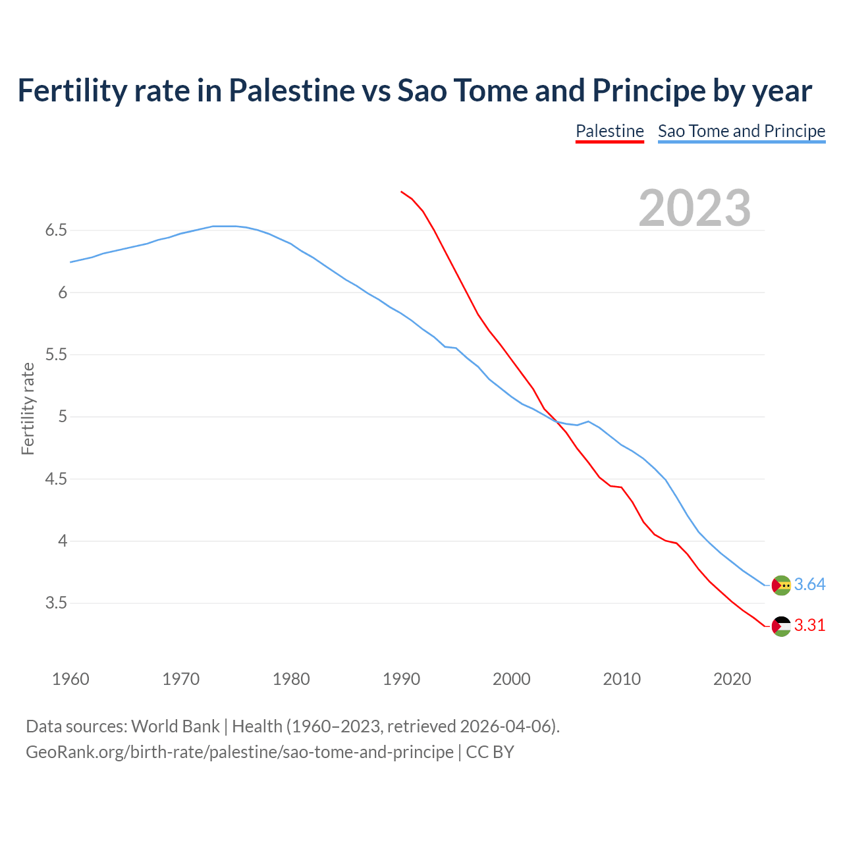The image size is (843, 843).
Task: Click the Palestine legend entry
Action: [x=609, y=131]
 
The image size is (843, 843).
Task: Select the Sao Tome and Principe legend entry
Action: [x=742, y=131]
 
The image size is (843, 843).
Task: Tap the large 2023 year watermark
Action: [x=695, y=208]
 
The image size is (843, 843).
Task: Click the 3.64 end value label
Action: [x=809, y=584]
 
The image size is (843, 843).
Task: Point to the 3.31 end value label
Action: [x=809, y=625]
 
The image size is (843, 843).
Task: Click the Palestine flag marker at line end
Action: [x=781, y=626]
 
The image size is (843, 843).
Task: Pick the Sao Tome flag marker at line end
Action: [x=781, y=585]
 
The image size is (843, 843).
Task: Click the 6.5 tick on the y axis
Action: [x=56, y=231]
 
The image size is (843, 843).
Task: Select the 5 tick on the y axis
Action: [x=63, y=417]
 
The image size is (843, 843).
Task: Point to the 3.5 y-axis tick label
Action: [x=56, y=603]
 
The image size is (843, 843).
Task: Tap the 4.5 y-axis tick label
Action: [x=56, y=479]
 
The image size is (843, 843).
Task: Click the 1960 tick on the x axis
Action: [x=70, y=679]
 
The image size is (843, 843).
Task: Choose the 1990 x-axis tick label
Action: [x=401, y=679]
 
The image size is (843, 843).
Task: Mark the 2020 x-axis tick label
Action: [x=732, y=679]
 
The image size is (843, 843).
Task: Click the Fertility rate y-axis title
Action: [x=28, y=408]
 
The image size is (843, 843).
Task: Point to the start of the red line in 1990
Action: [x=401, y=192]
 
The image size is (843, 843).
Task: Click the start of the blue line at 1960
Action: [x=71, y=262]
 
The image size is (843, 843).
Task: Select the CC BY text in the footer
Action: [x=490, y=752]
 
